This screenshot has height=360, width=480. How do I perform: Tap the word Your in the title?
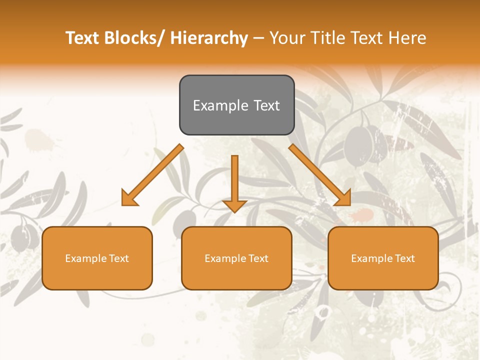click(x=287, y=38)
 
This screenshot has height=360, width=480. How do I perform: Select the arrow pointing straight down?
click(x=234, y=182)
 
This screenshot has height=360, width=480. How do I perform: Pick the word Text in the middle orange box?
click(x=258, y=258)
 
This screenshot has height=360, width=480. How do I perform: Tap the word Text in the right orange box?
click(x=404, y=258)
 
